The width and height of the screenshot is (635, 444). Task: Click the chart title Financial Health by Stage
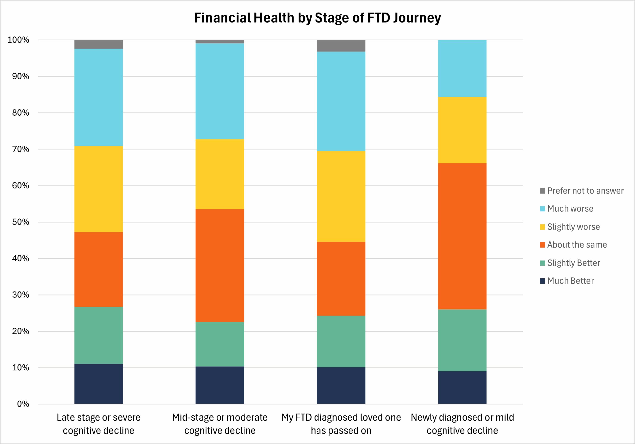317,18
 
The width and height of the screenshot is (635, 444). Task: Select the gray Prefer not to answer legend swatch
542,191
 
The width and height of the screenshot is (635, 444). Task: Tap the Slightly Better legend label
573,263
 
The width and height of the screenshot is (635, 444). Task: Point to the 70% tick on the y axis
21,149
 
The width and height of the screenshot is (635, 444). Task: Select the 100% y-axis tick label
18,40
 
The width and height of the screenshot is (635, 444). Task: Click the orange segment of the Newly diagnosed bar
462,236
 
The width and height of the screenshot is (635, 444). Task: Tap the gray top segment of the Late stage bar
98,44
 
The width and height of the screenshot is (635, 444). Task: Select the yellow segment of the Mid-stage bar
220,174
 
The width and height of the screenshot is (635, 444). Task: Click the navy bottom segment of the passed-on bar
341,385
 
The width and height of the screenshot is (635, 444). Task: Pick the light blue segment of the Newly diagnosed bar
462,68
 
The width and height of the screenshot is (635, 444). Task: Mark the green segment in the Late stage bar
98,335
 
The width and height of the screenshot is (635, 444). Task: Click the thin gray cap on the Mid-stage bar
220,42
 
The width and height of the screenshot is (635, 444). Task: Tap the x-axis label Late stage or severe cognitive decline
98,424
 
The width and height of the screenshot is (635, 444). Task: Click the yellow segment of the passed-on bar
341,196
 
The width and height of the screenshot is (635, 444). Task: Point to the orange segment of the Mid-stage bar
220,266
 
